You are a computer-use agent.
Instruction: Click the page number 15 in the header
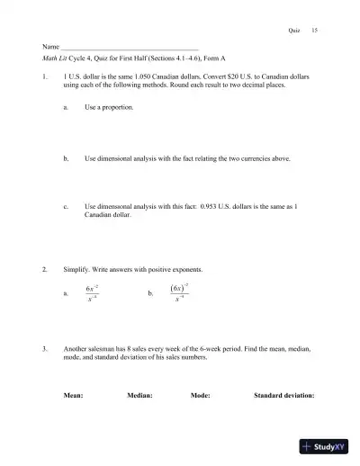click(x=314, y=30)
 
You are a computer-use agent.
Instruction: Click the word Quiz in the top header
click(x=293, y=30)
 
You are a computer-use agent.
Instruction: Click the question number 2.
click(x=45, y=269)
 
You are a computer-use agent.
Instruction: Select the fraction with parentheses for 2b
click(x=179, y=291)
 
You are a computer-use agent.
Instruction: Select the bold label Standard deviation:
click(x=283, y=395)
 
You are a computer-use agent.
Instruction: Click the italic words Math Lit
click(x=56, y=57)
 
